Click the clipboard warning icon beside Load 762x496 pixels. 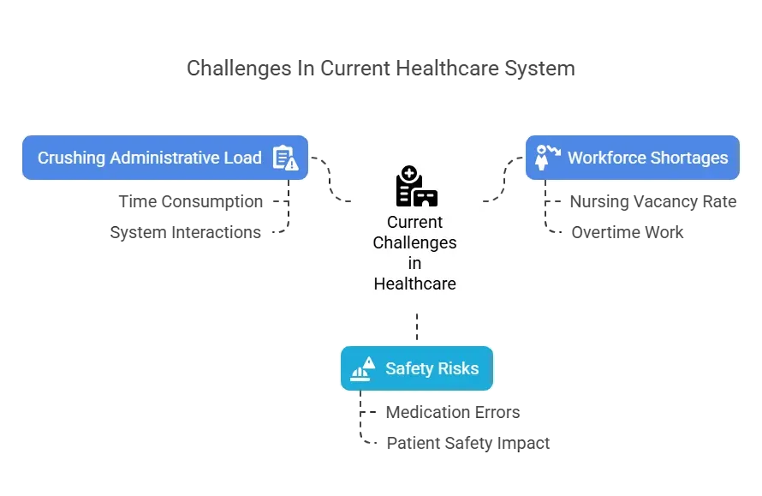coord(284,158)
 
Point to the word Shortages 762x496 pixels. coord(688,158)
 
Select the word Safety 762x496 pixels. coord(408,369)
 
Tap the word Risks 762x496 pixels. coord(458,369)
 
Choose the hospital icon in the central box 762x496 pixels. coord(416,186)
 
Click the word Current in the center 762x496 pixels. coord(414,223)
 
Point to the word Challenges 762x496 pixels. coord(414,243)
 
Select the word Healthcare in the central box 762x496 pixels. coord(414,284)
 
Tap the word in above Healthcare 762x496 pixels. coord(414,264)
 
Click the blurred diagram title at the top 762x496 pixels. coord(379,67)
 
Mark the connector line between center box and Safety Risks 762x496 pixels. coord(416,328)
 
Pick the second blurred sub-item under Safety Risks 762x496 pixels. coord(467,443)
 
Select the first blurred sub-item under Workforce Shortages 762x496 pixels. coord(653,202)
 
